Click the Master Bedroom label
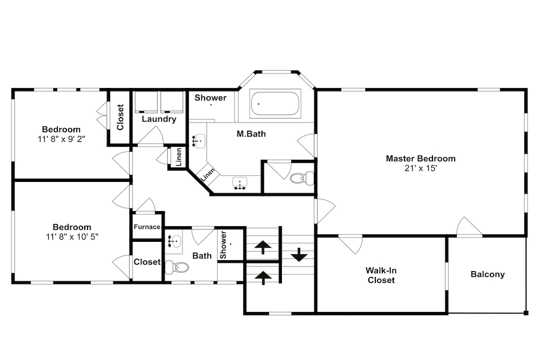click(421, 159)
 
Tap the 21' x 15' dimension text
click(421, 168)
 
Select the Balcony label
click(488, 274)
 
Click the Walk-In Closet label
click(381, 275)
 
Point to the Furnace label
click(147, 227)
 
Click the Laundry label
click(159, 119)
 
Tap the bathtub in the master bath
click(275, 103)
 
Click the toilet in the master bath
click(302, 178)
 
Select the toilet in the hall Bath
click(177, 267)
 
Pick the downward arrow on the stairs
click(299, 255)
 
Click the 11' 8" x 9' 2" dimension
click(62, 139)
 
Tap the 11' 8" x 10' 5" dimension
click(72, 237)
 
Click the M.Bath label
click(251, 134)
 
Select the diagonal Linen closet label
click(208, 174)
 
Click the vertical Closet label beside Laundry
click(120, 117)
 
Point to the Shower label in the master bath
click(211, 98)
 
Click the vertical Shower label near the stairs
click(223, 245)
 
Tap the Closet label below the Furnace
click(147, 262)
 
